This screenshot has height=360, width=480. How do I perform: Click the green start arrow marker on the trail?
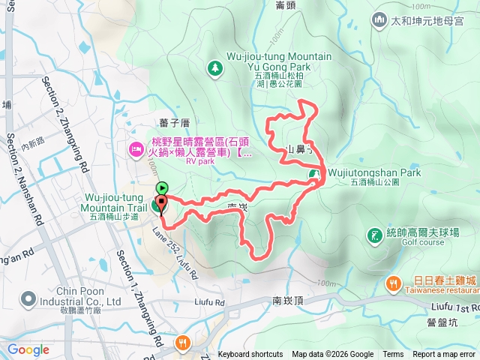(161, 189)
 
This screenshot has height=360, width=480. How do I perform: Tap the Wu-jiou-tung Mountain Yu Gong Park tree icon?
(215, 68)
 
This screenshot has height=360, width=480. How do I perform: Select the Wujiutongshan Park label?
(375, 173)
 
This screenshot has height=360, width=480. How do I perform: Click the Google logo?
(28, 349)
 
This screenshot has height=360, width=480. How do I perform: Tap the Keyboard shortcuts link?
(250, 355)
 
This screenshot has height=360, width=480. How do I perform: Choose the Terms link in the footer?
(393, 355)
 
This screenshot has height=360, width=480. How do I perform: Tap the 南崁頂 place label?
(287, 300)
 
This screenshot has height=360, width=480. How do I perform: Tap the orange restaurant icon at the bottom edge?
(182, 343)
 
